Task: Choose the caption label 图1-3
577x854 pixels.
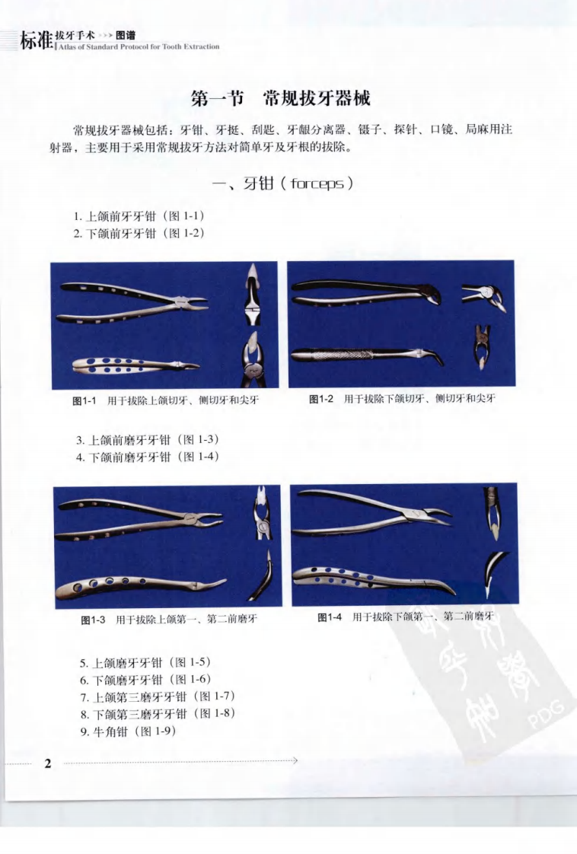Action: pos(93,620)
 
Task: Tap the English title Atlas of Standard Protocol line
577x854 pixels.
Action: pos(140,46)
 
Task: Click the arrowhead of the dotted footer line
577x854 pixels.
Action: pos(295,760)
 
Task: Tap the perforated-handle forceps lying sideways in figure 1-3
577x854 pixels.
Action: pos(141,587)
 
